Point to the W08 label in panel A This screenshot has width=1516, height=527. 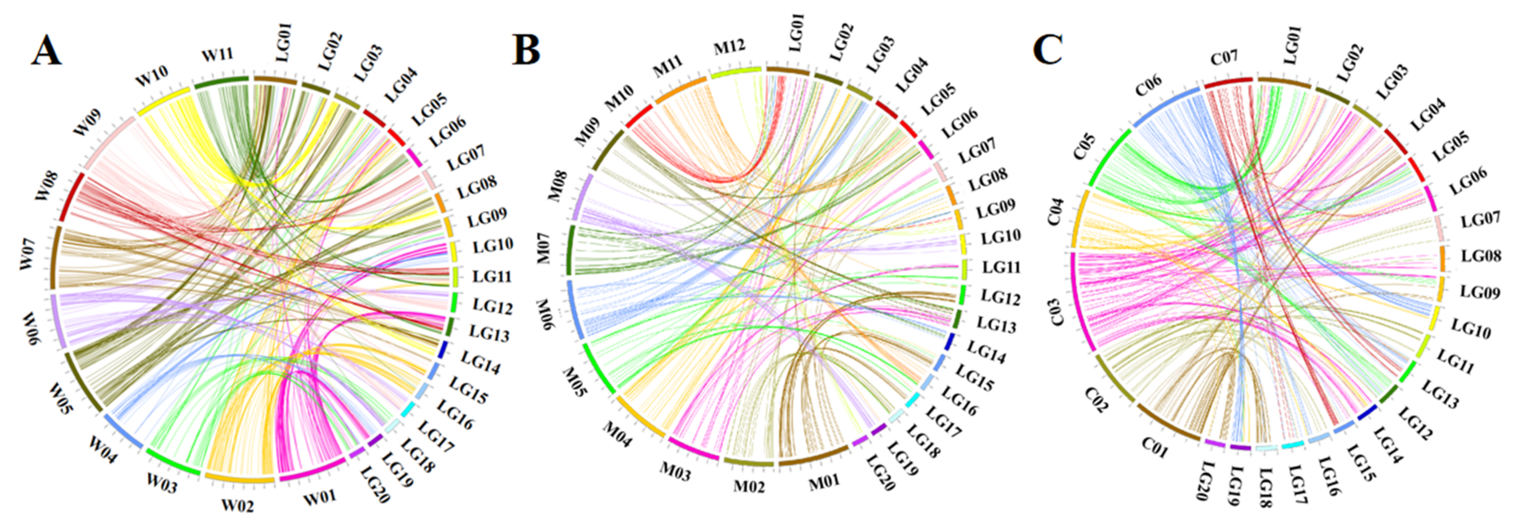tap(47, 185)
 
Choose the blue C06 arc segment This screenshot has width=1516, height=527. tap(1165, 106)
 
